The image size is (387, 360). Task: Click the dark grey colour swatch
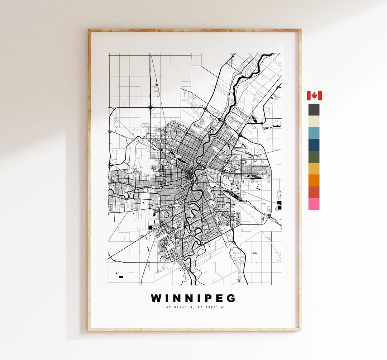pyautogui.click(x=314, y=110)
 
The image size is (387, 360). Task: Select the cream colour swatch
pyautogui.click(x=314, y=122)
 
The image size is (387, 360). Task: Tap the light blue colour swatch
pyautogui.click(x=314, y=133)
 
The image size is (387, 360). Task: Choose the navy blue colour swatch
pyautogui.click(x=314, y=145)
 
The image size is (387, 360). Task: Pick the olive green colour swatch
pyautogui.click(x=314, y=157)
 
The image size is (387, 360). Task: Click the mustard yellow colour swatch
pyautogui.click(x=314, y=169)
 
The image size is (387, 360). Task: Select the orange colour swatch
pyautogui.click(x=314, y=181)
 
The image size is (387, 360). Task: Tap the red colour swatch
pyautogui.click(x=314, y=193)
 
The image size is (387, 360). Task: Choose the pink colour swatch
pyautogui.click(x=314, y=204)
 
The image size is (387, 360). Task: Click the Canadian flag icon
pyautogui.click(x=314, y=96)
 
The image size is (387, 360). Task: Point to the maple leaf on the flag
pyautogui.click(x=314, y=96)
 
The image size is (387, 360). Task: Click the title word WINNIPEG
pyautogui.click(x=193, y=298)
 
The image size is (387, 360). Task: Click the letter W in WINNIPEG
pyautogui.click(x=156, y=298)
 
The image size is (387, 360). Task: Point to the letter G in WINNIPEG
pyautogui.click(x=231, y=298)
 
